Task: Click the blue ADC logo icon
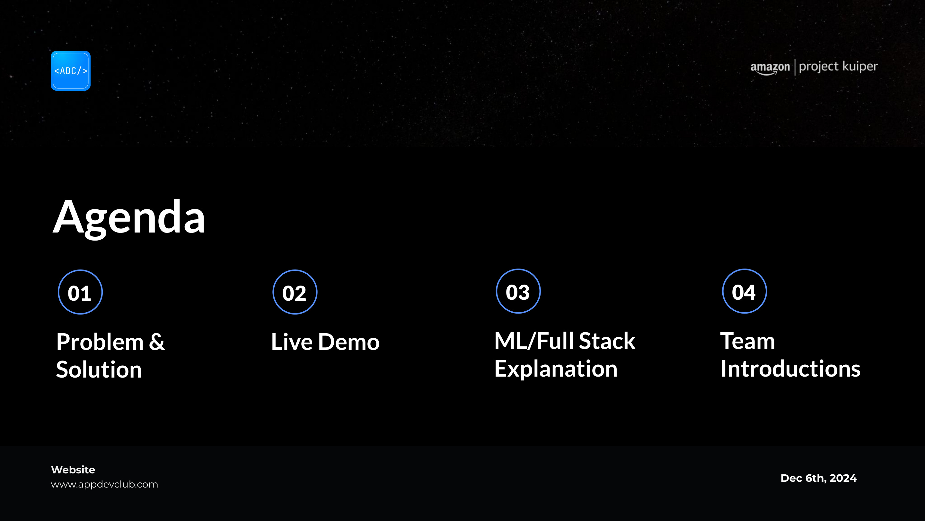pos(71,70)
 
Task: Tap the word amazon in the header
pos(770,68)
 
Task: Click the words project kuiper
pos(838,67)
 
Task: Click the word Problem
pos(100,342)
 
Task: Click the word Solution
pos(99,370)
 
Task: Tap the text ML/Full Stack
pos(565,341)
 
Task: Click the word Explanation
pos(556,369)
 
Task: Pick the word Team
pos(748,341)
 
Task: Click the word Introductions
pos(790,369)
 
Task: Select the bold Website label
pos(73,470)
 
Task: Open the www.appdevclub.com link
pos(104,485)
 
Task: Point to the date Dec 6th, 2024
pos(819,478)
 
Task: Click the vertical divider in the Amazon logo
pos(795,67)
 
